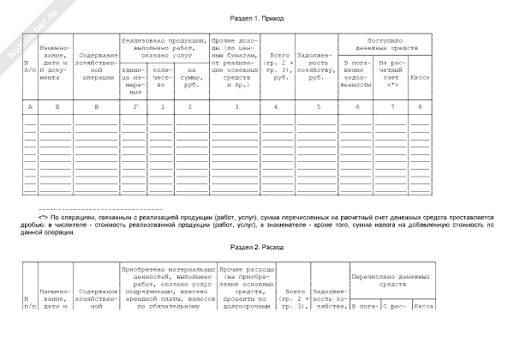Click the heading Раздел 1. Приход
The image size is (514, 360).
coord(257,17)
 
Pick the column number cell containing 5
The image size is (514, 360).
coord(318,106)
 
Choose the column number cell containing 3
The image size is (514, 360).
coord(236,106)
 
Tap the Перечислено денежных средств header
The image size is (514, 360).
coord(390,282)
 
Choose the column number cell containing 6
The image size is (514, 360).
coord(356,106)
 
